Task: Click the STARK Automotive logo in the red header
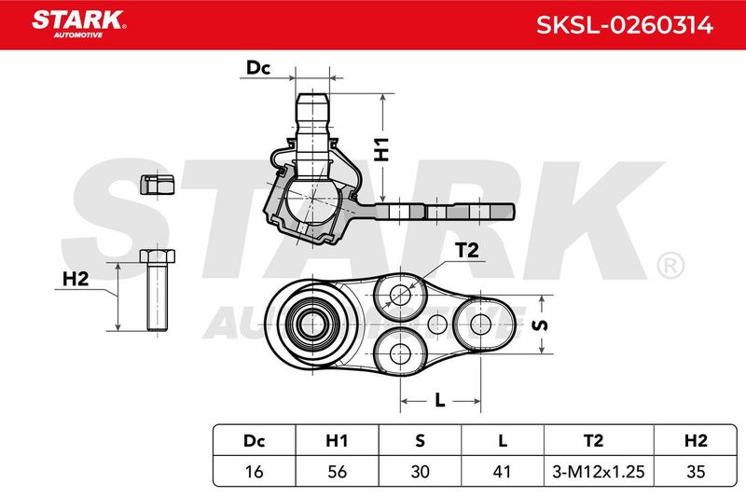click(x=78, y=24)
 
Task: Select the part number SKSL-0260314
click(x=624, y=25)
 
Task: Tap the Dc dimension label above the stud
click(x=258, y=68)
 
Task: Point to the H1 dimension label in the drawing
click(x=381, y=149)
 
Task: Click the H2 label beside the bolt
click(x=76, y=279)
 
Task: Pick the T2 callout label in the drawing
click(x=467, y=250)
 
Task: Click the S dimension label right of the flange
click(x=539, y=324)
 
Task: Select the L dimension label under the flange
click(x=440, y=400)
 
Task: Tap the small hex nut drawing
click(x=157, y=185)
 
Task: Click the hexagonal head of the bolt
click(x=158, y=255)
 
